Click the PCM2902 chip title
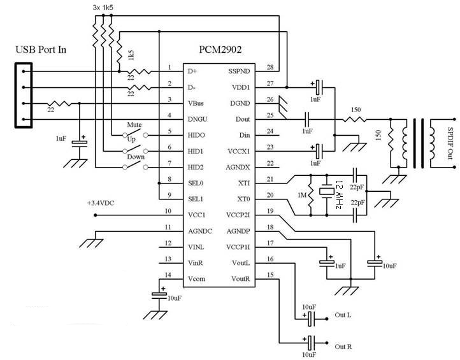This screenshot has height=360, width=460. (x=220, y=49)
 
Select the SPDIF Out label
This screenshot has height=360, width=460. (x=451, y=144)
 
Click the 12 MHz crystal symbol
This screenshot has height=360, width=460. (x=327, y=189)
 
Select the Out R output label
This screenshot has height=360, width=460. (x=343, y=347)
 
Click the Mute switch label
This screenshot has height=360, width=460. (x=134, y=125)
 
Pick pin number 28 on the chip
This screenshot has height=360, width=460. (x=270, y=68)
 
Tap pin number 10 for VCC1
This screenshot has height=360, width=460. (x=168, y=211)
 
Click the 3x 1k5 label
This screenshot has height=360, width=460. (x=104, y=7)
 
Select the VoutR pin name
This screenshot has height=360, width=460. (x=241, y=279)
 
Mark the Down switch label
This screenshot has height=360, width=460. (x=134, y=157)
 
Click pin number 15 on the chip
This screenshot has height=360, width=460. (x=270, y=275)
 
